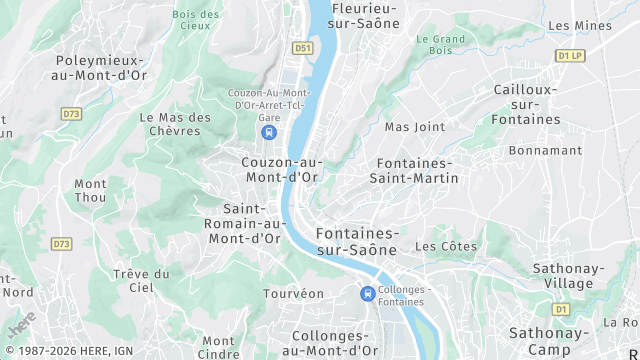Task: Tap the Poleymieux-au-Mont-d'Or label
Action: pos(103,67)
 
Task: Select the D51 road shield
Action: pos(302,47)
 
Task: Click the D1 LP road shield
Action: pos(570,56)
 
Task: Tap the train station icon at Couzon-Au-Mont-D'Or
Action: pos(268,132)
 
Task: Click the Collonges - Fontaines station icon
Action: pos(368,294)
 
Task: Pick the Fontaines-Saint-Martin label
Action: pos(414,170)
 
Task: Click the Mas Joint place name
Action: pos(415,127)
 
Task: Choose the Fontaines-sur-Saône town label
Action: pos(357,240)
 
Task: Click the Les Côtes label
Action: pos(446,246)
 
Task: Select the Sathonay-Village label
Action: pos(567,276)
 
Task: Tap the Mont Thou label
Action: pos(90,190)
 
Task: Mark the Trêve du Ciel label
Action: pos(141,280)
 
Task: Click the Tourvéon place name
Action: pos(294,294)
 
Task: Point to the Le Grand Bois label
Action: pos(441,44)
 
